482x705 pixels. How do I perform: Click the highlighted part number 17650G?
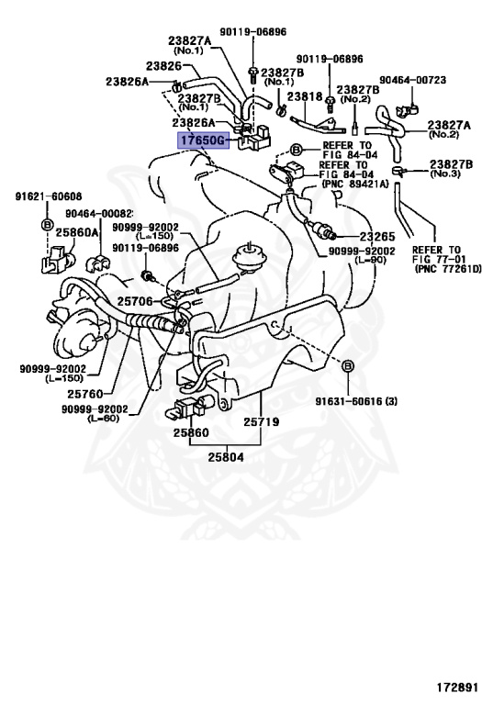click(202, 140)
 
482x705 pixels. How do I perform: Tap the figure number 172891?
click(457, 688)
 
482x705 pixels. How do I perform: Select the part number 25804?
click(226, 457)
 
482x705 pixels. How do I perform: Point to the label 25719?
click(262, 421)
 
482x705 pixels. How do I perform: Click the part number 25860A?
click(76, 232)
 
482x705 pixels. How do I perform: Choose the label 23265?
click(377, 237)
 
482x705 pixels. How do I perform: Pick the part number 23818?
click(305, 96)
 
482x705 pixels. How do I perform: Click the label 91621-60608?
click(49, 196)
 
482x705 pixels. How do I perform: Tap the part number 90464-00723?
click(413, 80)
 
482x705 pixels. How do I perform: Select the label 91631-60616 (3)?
click(356, 401)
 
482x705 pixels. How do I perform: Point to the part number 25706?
click(135, 301)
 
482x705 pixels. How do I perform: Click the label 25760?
click(85, 394)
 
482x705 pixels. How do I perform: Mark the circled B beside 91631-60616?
click(348, 366)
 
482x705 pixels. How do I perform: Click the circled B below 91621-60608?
click(47, 224)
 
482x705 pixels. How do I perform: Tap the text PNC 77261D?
click(448, 269)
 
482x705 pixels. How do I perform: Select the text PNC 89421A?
click(355, 184)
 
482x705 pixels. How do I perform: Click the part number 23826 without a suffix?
click(163, 66)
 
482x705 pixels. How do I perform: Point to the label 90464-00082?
click(99, 214)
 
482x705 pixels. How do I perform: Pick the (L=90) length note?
click(371, 260)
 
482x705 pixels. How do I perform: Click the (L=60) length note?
click(103, 419)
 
